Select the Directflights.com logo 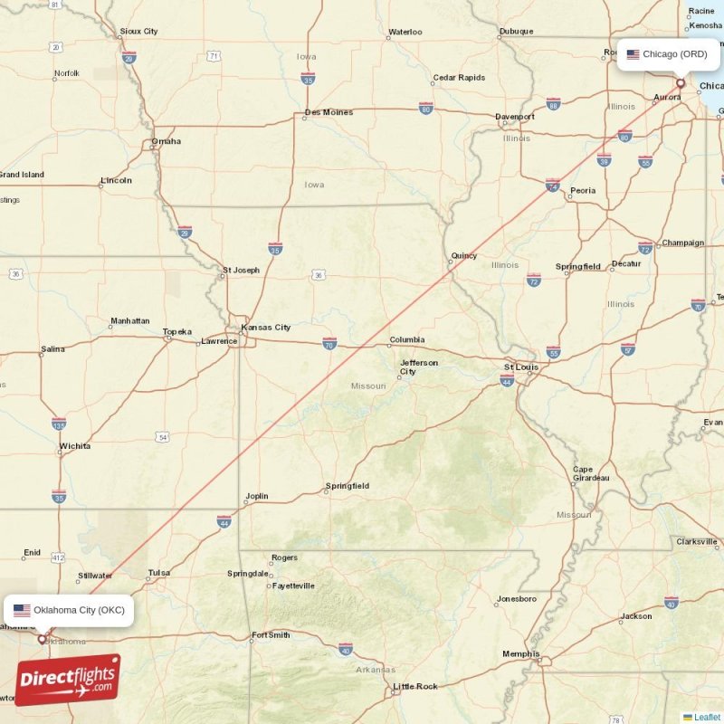67,681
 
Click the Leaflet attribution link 707,717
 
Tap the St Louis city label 521,367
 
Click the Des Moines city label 329,113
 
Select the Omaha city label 167,141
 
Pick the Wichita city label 74,446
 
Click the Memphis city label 521,653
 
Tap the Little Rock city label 415,687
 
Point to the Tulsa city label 159,573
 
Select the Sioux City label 138,32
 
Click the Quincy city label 464,256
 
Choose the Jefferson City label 419,367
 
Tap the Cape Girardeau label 591,473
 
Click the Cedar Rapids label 459,78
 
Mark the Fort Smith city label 271,635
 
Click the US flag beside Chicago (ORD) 633,54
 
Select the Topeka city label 177,332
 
